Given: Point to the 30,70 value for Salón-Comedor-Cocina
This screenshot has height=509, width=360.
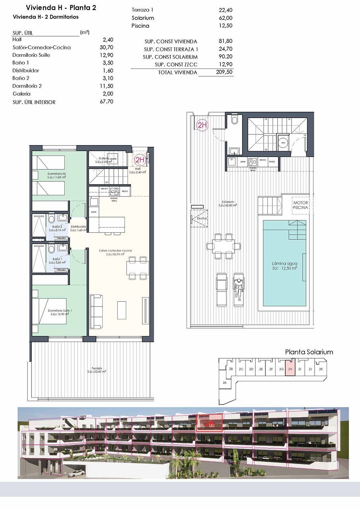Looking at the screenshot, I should (108, 47).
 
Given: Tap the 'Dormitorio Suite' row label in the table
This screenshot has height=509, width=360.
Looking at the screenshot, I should (31, 55).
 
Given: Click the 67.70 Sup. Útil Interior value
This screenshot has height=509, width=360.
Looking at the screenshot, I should (107, 102).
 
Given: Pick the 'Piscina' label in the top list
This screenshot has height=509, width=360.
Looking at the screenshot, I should (140, 26).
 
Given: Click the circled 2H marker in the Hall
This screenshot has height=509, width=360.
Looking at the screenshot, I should (139, 160).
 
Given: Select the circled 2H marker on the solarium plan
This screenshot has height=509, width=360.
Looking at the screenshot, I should (202, 125).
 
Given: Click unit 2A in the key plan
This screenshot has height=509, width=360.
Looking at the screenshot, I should (225, 382).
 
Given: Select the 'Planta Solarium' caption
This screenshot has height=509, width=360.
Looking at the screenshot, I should (309, 352).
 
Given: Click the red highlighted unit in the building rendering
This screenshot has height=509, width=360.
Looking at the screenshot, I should (209, 424).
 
